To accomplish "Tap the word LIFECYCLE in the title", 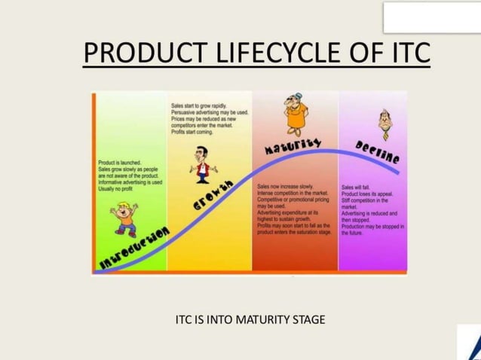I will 260,53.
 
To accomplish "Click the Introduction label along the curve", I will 136,248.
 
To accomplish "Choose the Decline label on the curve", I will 376,154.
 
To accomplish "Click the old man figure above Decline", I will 384,124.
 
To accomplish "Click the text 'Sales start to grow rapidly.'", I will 199,106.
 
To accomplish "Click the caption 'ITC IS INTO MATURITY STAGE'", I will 250,319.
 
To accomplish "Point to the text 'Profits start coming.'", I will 191,132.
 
